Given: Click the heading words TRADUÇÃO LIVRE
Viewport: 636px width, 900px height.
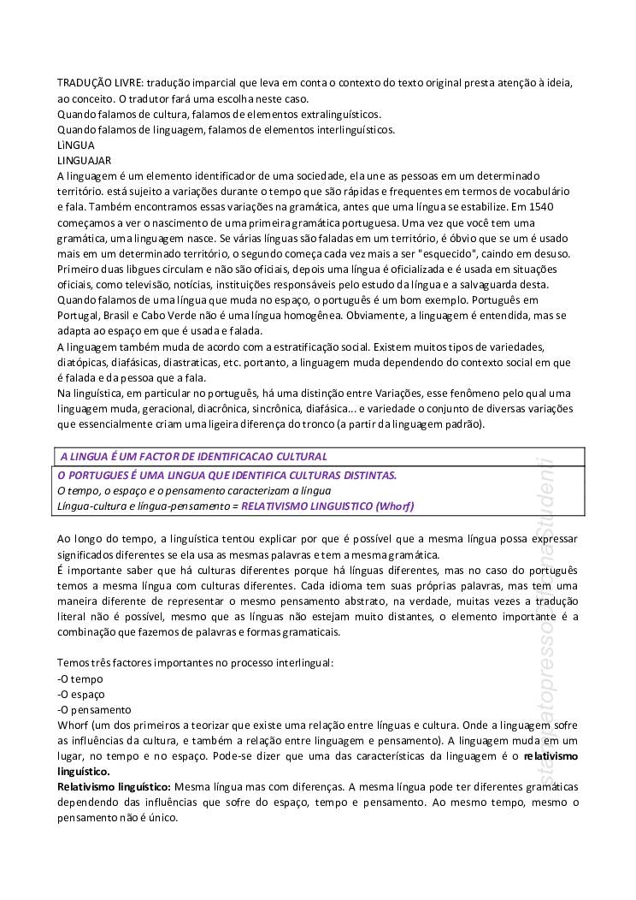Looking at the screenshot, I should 99,83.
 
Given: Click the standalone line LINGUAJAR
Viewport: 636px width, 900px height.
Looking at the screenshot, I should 84,160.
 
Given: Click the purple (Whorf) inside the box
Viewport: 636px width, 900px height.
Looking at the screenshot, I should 395,506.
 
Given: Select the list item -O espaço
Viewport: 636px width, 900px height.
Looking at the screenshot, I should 81,694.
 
